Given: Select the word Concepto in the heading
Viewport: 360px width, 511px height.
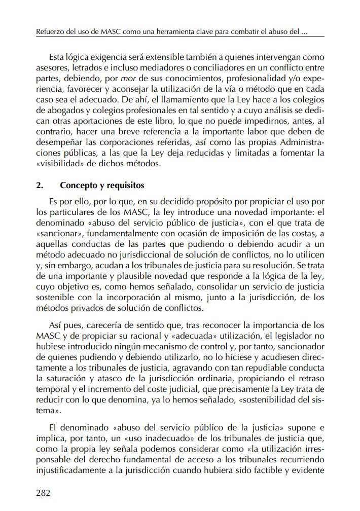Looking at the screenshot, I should (77, 185).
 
